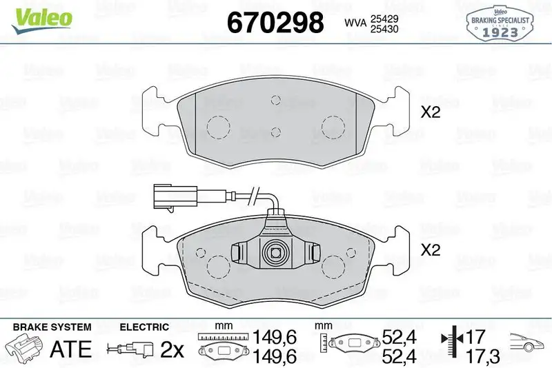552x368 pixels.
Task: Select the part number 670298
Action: point(275,23)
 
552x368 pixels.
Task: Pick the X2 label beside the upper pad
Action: point(430,113)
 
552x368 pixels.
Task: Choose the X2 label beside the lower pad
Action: point(430,252)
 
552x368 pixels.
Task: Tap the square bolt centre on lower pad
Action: point(276,253)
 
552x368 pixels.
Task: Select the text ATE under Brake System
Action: point(71,349)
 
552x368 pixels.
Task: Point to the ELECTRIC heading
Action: point(144,327)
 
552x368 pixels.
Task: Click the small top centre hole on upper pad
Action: point(276,101)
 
